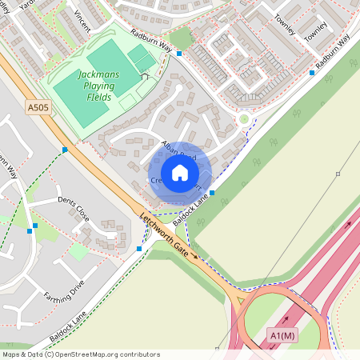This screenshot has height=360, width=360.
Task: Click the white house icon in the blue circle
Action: coord(180,173)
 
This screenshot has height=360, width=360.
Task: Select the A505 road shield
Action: coord(38,106)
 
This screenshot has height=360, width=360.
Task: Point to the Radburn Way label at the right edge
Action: coord(333,50)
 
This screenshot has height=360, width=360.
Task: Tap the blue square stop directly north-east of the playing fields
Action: coord(180,54)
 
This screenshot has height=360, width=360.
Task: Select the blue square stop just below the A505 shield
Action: coord(65,150)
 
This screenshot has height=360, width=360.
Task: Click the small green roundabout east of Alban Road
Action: coord(243,119)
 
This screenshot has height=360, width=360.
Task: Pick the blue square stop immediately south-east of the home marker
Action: coord(212,193)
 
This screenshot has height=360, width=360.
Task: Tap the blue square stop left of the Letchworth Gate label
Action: coord(140,249)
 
